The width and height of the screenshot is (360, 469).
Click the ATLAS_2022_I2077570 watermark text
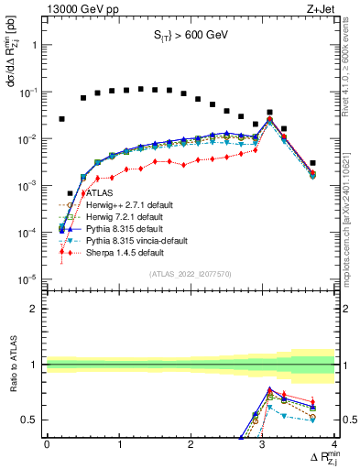(191, 273)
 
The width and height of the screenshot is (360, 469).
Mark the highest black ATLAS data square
(140, 89)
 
